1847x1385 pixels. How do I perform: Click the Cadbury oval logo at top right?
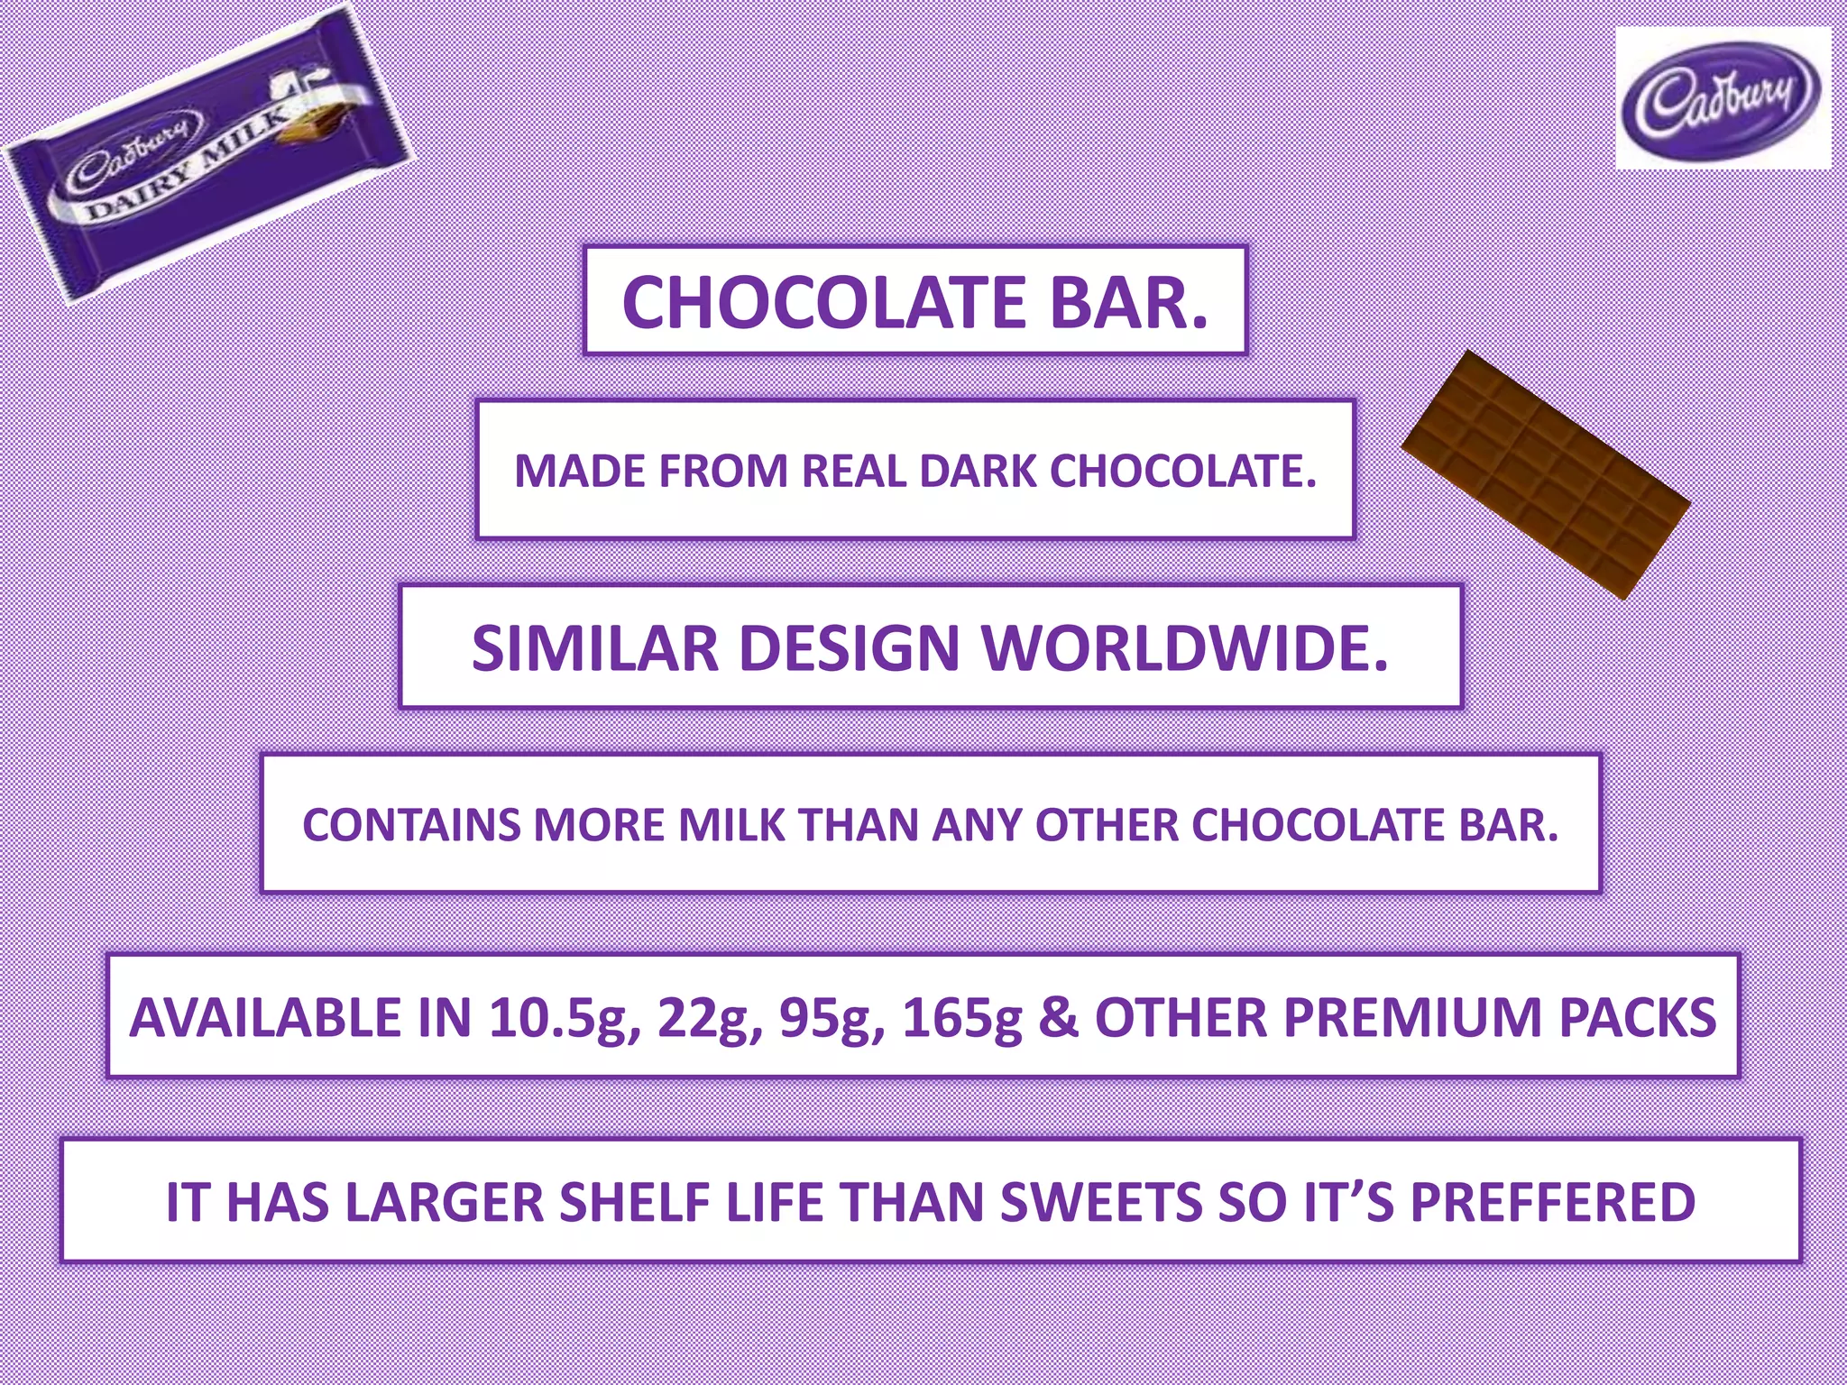pyautogui.click(x=1723, y=99)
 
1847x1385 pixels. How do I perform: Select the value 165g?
pyautogui.click(x=962, y=1018)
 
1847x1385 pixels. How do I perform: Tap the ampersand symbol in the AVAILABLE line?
pyautogui.click(x=1058, y=1018)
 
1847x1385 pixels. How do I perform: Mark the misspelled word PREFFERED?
pyautogui.click(x=1552, y=1202)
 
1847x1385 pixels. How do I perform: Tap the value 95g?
pyautogui.click(x=832, y=1018)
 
